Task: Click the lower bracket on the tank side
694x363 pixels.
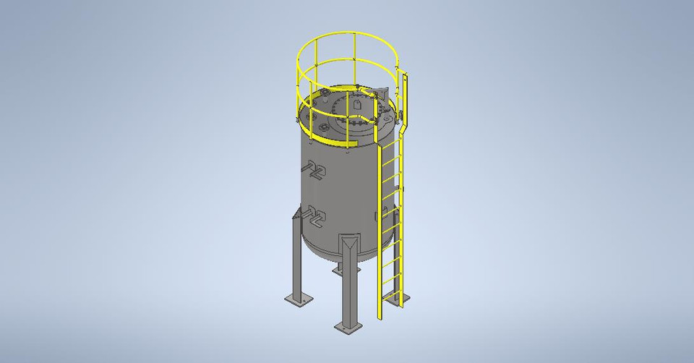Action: (316, 214)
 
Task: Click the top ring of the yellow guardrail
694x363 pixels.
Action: (340, 36)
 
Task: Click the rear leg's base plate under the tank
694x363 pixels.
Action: (337, 268)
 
